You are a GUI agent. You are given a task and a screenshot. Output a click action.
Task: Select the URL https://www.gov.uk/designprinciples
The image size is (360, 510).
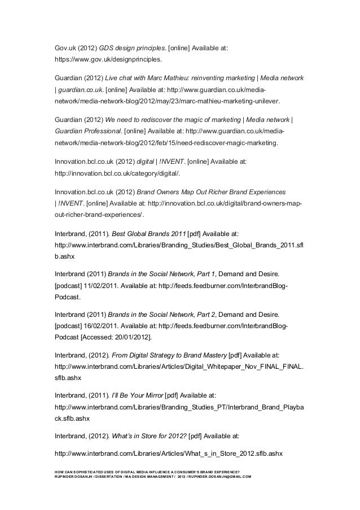[108, 59]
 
